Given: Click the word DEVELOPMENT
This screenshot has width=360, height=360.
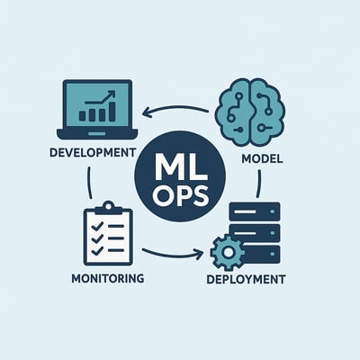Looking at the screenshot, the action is tap(93, 152).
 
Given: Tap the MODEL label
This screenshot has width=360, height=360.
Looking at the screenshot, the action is tap(262, 158).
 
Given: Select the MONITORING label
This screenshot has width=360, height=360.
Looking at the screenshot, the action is tap(108, 278).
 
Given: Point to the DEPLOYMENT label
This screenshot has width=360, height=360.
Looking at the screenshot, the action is tap(246, 279).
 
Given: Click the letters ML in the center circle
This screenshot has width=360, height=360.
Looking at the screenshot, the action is tap(180, 168).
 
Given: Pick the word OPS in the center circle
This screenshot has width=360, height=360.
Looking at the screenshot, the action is tap(180, 195).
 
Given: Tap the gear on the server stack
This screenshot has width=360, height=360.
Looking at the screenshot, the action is tap(228, 253).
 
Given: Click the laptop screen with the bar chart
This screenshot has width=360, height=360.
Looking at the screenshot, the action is tap(97, 104).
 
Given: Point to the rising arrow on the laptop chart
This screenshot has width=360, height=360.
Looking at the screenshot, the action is tap(101, 97).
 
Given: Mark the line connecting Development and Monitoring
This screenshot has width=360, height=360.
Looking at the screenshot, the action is tap(89, 183).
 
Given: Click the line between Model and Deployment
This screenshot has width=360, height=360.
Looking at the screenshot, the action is tap(259, 184).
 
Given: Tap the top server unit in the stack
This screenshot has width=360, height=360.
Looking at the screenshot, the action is tap(255, 211).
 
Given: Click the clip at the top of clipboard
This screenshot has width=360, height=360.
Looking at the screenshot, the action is tap(108, 208).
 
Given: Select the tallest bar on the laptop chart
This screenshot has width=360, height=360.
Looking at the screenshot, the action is tap(112, 112).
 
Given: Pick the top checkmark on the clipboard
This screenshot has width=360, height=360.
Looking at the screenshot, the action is tap(96, 226).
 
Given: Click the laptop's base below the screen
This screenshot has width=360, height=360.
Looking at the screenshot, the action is tap(97, 134).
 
